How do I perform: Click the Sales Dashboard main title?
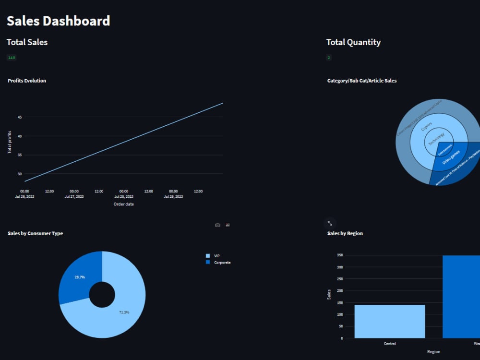coord(58,21)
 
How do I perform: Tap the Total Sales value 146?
coord(12,58)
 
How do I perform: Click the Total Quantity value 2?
coord(329,58)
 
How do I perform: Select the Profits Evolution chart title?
coord(27,81)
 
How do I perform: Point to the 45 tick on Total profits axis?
coord(20,117)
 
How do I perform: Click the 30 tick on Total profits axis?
coord(20,174)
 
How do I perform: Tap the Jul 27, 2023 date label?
coord(74,196)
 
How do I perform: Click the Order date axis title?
coord(123,204)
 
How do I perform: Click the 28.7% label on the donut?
coord(80,277)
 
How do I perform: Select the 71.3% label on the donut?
coord(124,312)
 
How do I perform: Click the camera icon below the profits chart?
coord(217,225)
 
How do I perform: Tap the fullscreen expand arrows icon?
coord(330,223)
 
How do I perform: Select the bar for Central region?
coord(389,321)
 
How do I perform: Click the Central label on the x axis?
coord(389,344)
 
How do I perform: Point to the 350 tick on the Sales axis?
coord(340,255)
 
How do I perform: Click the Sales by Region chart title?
coord(345,233)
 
